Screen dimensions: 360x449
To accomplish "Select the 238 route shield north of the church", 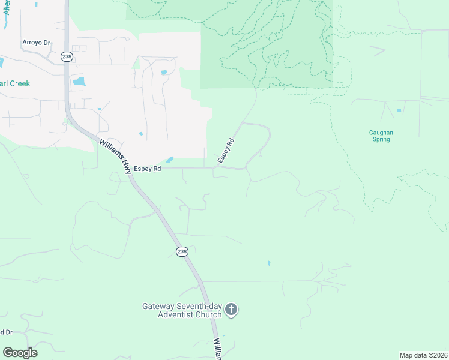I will [182, 251].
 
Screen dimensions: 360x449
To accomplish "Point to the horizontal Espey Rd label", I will [148, 169].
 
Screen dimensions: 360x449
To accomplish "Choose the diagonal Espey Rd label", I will [226, 151].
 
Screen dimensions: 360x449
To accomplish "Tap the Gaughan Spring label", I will [381, 136].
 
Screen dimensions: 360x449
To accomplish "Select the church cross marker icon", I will [231, 310].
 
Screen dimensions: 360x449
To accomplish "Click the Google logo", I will [20, 353].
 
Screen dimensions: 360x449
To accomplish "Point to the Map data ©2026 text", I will [423, 355].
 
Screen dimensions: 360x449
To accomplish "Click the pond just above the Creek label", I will [79, 81].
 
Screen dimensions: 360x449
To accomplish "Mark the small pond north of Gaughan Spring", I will [398, 110].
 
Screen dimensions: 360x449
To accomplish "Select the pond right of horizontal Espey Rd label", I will [170, 160].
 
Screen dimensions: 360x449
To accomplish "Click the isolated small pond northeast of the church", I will [268, 263].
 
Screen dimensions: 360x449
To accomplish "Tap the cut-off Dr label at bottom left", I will [6, 332].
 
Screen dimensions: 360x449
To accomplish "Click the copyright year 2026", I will [438, 355].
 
